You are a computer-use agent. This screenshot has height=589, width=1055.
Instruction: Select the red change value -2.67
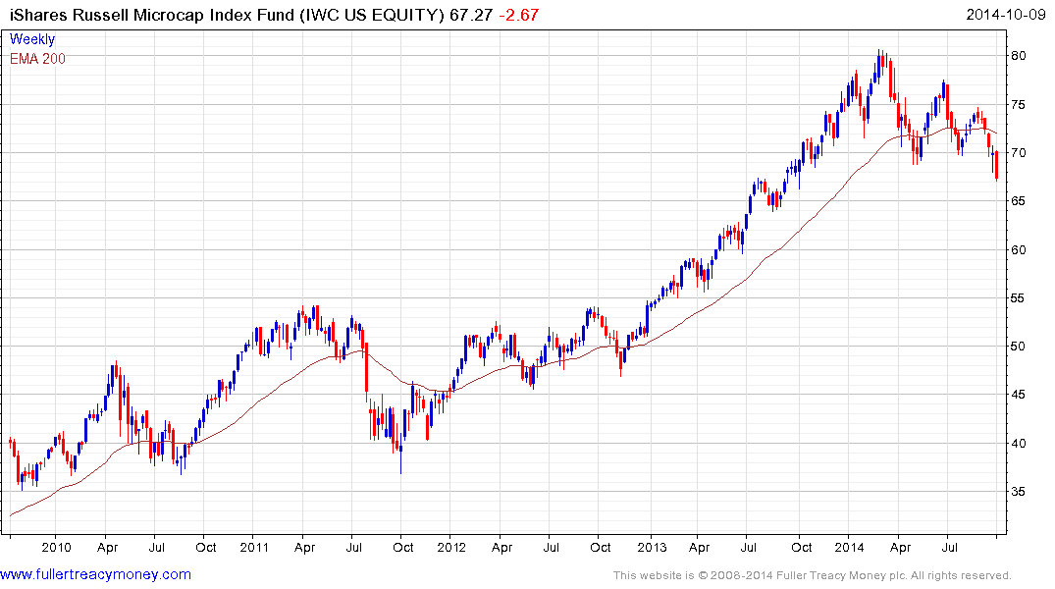click(517, 15)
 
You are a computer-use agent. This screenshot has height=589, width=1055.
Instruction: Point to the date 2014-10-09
click(1006, 15)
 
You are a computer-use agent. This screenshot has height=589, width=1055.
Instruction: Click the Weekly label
click(32, 39)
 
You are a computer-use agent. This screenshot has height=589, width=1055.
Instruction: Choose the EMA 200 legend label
click(37, 58)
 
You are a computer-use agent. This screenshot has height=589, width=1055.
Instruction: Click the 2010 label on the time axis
click(56, 547)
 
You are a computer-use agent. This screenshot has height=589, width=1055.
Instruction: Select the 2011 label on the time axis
click(254, 547)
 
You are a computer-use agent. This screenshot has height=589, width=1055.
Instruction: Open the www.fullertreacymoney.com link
click(96, 574)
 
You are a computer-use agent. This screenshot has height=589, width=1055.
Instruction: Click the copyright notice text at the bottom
click(812, 575)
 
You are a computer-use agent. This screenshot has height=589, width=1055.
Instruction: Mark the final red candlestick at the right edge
click(996, 166)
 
